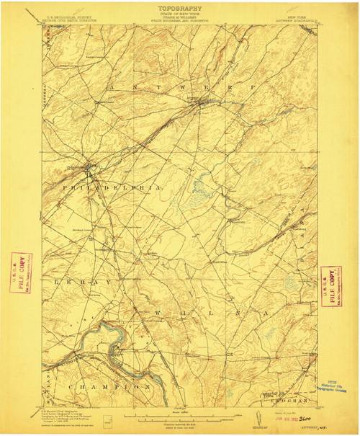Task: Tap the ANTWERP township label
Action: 181,88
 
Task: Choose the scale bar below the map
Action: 179,417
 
